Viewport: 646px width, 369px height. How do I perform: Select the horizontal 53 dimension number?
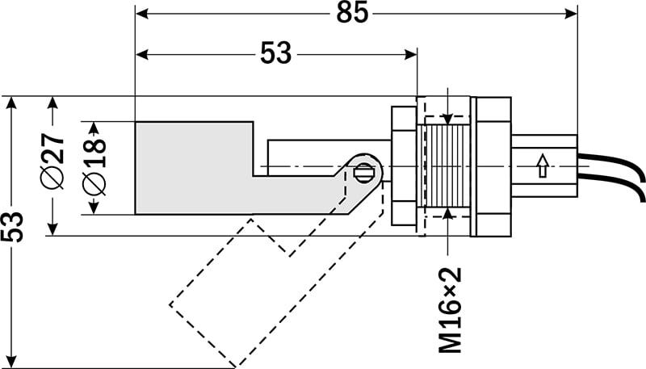point(276,53)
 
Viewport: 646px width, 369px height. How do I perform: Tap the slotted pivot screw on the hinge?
point(363,171)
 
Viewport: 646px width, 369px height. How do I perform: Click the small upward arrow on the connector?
point(542,167)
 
